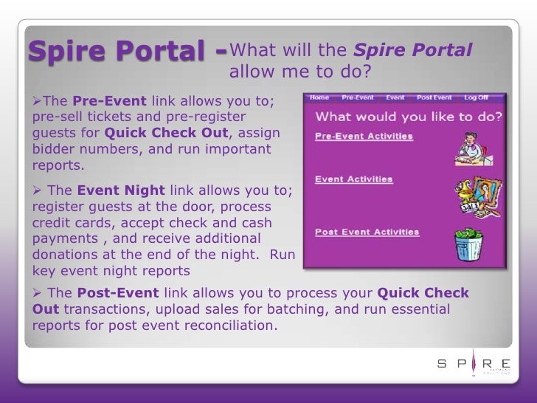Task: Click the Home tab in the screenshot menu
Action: coord(319,97)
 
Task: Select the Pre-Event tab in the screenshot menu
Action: coord(358,97)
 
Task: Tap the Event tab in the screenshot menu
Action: coord(395,97)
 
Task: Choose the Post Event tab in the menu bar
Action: coord(434,97)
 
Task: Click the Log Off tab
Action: coord(476,97)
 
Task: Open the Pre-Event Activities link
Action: coord(364,137)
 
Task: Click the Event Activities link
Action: coord(353,179)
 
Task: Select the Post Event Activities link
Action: coord(367,232)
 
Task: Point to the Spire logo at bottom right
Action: coord(473,363)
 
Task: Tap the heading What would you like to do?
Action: coord(409,117)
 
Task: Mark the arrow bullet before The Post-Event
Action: coord(38,294)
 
